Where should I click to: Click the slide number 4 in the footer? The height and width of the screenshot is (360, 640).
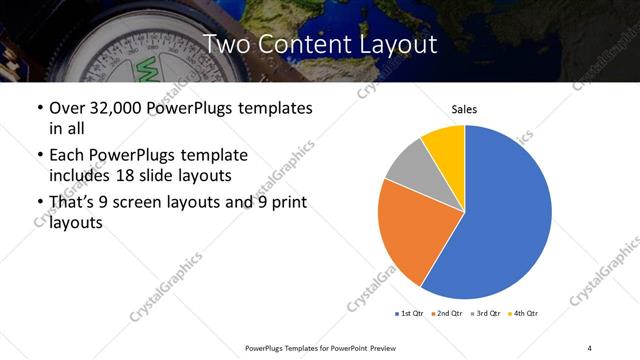point(590,347)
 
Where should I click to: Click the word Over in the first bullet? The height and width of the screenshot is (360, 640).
point(67,108)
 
